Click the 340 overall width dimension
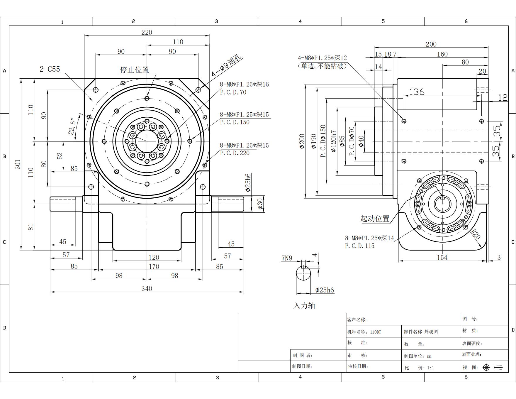tap(147, 288)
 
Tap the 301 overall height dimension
tap(18, 164)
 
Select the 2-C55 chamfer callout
tap(50, 69)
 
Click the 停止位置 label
tap(135, 70)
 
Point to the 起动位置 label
tap(375, 219)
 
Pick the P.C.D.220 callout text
tap(235, 153)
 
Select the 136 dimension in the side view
tap(416, 92)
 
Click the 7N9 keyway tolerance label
tap(287, 258)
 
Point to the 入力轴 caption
tap(304, 306)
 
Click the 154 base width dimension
tap(442, 257)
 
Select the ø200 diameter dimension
tap(302, 141)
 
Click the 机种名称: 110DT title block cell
tap(364, 332)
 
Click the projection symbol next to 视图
tap(494, 367)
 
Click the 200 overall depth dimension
tap(431, 44)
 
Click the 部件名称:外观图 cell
tap(421, 332)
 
